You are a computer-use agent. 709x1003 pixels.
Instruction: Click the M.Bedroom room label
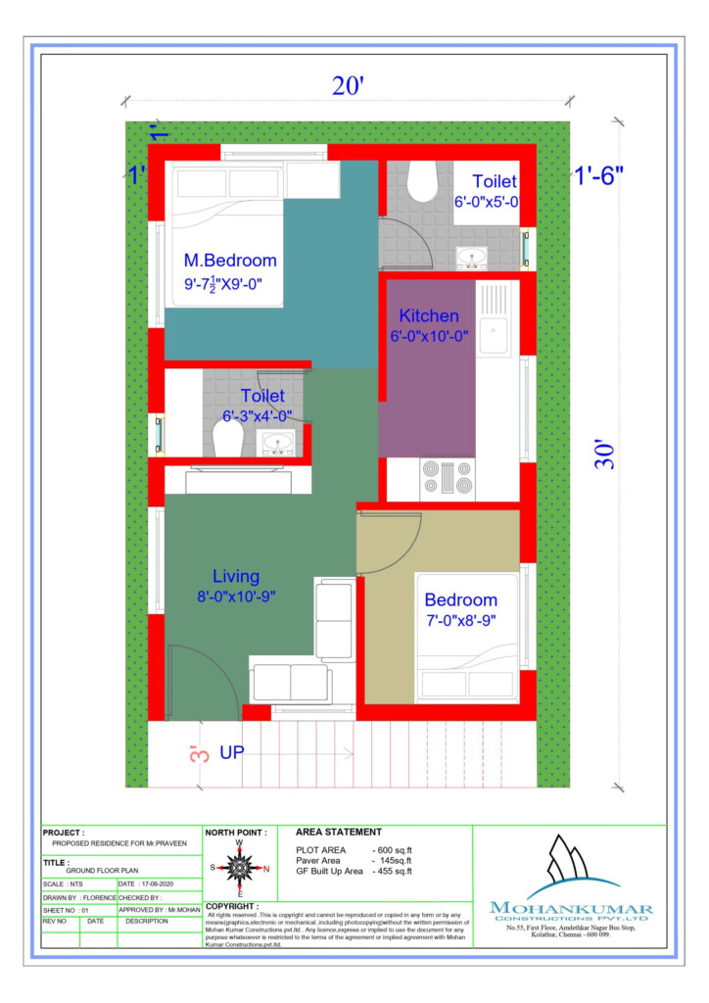point(230,261)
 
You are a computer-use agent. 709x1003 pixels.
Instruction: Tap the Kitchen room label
point(428,316)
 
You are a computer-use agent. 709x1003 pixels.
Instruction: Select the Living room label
point(238,576)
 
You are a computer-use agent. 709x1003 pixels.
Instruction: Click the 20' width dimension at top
point(347,86)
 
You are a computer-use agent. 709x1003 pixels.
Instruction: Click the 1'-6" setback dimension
point(598,176)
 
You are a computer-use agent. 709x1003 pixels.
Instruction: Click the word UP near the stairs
point(232,753)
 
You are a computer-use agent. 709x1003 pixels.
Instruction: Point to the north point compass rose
point(238,867)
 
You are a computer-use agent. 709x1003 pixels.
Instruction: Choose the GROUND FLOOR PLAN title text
point(101,869)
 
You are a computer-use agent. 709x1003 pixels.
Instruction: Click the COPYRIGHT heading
point(232,906)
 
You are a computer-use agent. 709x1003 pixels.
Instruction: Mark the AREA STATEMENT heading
point(338,832)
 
